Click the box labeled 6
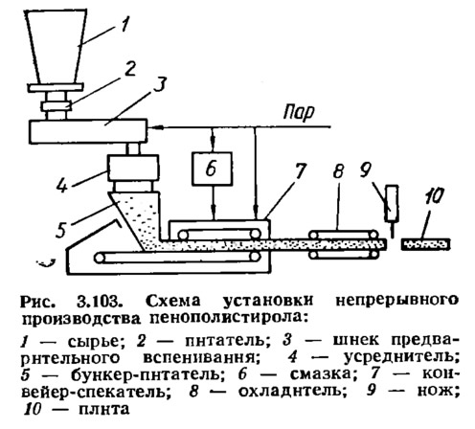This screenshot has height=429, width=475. pos(212,169)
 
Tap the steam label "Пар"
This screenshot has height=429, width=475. pos(299,112)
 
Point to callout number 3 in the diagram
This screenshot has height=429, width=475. pos(159,84)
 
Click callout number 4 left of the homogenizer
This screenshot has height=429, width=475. pos(62,184)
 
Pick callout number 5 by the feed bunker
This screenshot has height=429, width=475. pos(62,229)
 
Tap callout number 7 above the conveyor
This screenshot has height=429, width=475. pos(300,171)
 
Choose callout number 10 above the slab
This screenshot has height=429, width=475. pos(435,195)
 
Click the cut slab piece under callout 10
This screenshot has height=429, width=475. pos(426,244)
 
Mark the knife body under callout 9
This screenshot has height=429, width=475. pos(393,203)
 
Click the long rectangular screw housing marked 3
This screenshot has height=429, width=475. pos(88,131)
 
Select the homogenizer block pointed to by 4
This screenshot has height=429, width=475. pos(133,168)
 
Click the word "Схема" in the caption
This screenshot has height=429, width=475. pos(173,301)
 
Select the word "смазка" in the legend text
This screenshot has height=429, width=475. pos(320,374)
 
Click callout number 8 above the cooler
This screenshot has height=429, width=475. pos(338,171)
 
